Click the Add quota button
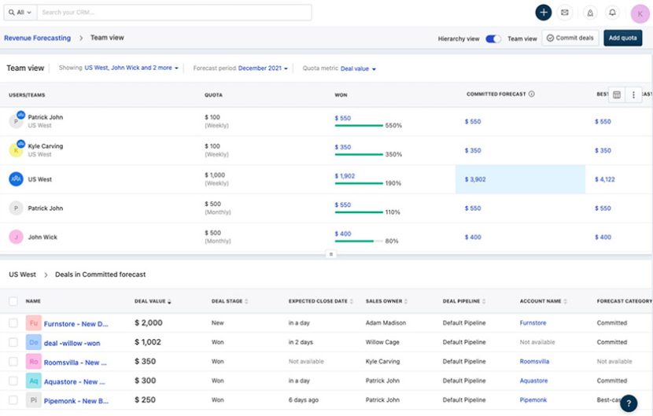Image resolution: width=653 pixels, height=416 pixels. click(622, 38)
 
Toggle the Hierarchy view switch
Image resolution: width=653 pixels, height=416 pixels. click(493, 39)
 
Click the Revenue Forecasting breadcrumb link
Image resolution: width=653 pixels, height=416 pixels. click(37, 38)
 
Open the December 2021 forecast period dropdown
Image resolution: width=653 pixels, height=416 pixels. click(263, 68)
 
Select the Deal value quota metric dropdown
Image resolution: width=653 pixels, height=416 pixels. click(358, 68)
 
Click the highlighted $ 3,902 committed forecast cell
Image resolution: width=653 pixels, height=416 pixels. click(520, 179)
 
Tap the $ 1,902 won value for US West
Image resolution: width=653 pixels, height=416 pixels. click(345, 175)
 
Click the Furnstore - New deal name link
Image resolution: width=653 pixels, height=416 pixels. click(76, 323)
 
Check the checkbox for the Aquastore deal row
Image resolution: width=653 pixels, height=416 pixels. click(13, 381)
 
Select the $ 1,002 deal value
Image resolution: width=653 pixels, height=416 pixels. click(148, 342)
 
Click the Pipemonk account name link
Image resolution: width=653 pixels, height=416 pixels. click(533, 399)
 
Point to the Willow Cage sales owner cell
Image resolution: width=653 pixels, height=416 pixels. click(383, 342)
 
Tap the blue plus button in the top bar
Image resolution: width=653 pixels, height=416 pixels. click(543, 13)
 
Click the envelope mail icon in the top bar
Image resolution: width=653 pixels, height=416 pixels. click(565, 13)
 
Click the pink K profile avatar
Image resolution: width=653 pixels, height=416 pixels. click(640, 13)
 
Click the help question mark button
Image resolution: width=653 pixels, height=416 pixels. click(628, 403)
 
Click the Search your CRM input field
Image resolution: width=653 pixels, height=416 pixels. click(173, 13)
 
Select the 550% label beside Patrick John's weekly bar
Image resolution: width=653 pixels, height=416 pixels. click(393, 126)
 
